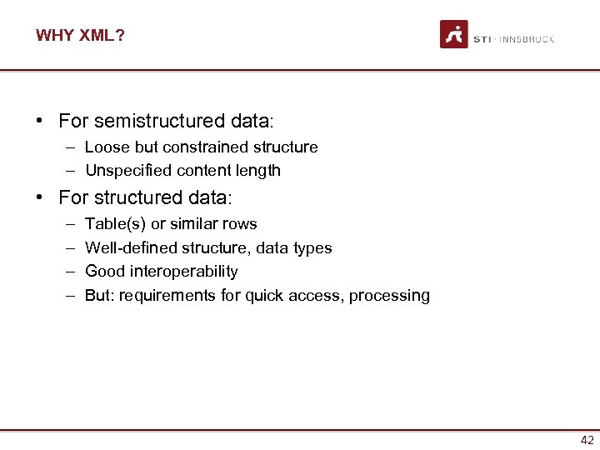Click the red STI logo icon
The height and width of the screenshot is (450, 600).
click(x=454, y=34)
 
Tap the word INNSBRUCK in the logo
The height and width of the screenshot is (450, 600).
click(x=527, y=39)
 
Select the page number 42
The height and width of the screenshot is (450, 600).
click(x=587, y=441)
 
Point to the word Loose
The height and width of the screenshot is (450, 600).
click(x=104, y=147)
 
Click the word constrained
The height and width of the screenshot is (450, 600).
click(x=202, y=147)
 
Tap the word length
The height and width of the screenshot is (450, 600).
click(x=259, y=171)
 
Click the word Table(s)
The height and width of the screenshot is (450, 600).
click(x=115, y=224)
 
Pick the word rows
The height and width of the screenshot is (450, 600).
click(x=240, y=224)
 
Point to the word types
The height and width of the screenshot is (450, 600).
click(x=313, y=248)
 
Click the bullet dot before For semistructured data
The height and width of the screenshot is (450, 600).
click(x=39, y=121)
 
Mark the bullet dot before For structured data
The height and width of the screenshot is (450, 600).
click(x=39, y=197)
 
